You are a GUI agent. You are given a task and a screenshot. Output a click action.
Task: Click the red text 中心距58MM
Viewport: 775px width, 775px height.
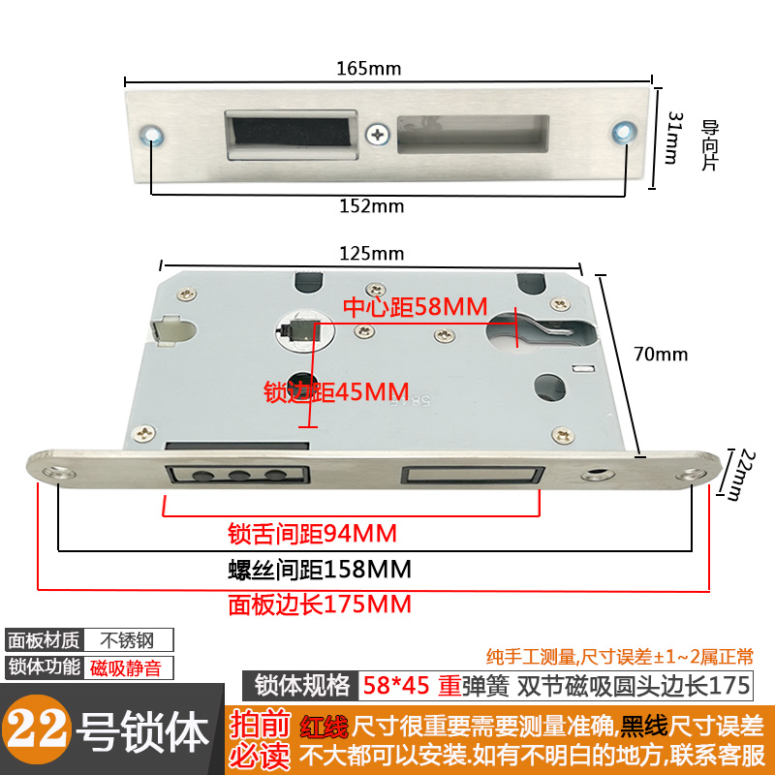tap(416, 308)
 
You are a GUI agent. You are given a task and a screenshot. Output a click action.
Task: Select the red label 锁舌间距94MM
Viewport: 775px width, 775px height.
tap(312, 534)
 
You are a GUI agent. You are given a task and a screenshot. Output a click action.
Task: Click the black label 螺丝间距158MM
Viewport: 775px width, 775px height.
tap(320, 568)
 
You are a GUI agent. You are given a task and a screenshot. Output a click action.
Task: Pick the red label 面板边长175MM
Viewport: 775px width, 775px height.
tap(320, 604)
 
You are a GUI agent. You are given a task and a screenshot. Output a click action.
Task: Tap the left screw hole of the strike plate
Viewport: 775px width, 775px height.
tap(152, 134)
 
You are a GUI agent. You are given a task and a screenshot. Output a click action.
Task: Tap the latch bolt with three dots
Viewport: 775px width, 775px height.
tap(238, 475)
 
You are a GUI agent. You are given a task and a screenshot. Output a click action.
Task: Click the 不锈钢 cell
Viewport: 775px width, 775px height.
tap(129, 640)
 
